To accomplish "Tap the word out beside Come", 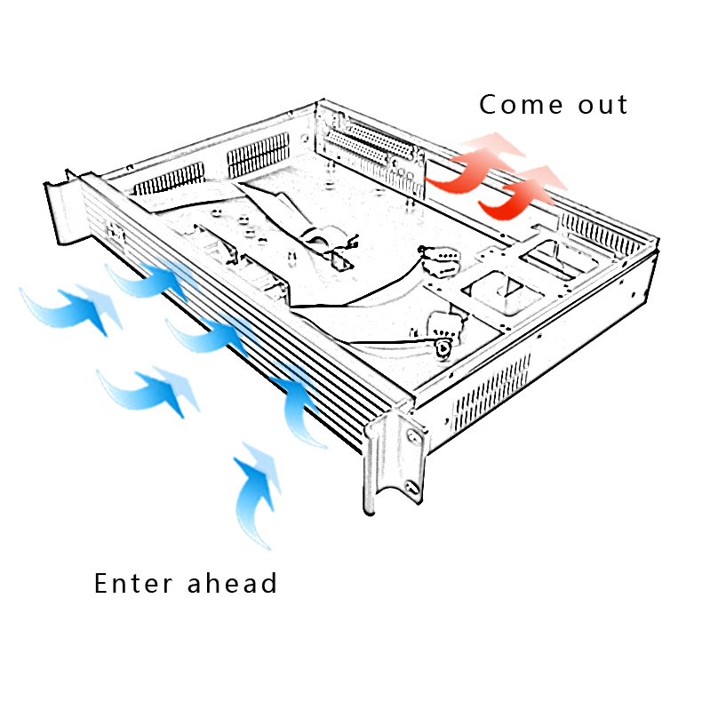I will (599, 104).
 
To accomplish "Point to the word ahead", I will (234, 583).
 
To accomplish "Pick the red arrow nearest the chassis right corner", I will (524, 192).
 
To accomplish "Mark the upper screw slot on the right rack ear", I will (413, 437).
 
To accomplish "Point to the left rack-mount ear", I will (61, 210).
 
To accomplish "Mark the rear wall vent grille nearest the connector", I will (258, 155).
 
